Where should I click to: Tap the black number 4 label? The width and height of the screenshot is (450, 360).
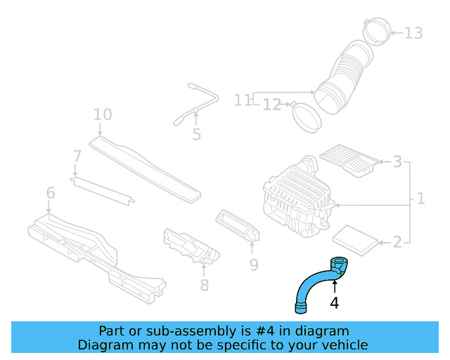coord(335,303)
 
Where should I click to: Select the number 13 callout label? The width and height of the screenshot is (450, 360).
coord(414,33)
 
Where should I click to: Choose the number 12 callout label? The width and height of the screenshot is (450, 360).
coord(272,105)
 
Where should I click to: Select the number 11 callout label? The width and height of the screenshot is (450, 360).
coord(243,101)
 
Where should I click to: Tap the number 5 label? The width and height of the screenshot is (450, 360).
coord(196,134)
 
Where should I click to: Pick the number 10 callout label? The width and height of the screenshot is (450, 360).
coord(103,115)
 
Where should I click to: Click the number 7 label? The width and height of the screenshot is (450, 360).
coord(77,155)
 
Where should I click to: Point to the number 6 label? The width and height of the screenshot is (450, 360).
coord(50,193)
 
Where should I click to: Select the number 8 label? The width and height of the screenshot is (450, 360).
coord(204,285)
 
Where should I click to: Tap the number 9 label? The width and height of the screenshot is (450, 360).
coord(254,264)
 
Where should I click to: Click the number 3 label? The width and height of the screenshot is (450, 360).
coord(397,162)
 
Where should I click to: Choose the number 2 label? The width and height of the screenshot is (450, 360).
coord(397,242)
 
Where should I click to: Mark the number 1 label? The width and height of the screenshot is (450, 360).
coord(420,199)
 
